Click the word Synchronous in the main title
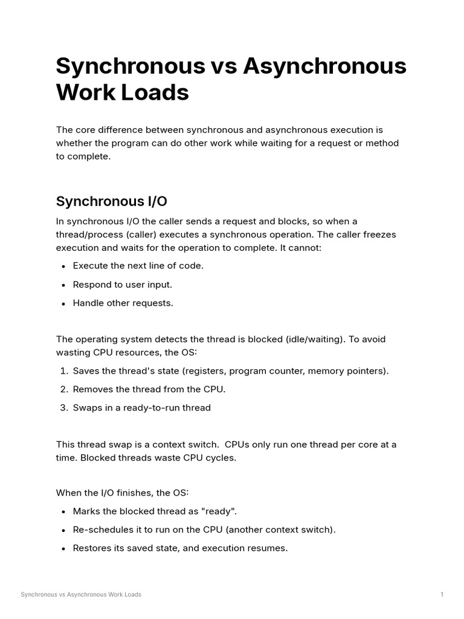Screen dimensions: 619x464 (130, 66)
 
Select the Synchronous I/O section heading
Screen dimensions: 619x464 (111, 201)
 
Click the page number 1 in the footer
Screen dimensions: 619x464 (442, 595)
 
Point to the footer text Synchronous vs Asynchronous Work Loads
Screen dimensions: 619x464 (81, 595)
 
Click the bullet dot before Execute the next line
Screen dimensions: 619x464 (63, 266)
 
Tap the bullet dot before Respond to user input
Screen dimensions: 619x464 (63, 285)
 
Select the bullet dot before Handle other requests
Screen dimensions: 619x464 (63, 303)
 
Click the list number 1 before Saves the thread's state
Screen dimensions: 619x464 (63, 371)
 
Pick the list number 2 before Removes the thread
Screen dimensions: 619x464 (63, 389)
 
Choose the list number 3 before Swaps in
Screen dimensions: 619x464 (63, 408)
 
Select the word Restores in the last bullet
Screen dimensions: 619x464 (92, 549)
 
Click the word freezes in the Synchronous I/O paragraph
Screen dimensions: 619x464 (378, 235)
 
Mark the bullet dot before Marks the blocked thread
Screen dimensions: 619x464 (63, 511)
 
